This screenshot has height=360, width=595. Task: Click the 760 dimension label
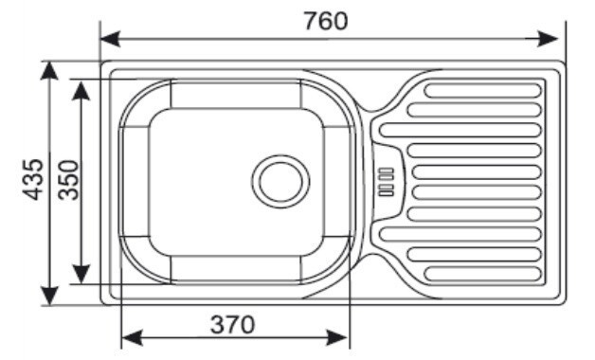coord(326,21)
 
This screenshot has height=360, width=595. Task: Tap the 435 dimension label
coord(33,179)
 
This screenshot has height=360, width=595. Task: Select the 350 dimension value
coord(68,180)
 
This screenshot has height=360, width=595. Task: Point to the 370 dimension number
coord(233,325)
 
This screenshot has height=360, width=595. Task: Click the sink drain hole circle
coord(280,181)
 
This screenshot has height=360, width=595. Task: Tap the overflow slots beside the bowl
coord(387,182)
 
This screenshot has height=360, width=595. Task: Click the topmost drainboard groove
coord(483,91)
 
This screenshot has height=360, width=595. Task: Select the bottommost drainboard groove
coord(483,274)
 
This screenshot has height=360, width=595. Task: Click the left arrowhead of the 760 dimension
coord(111,40)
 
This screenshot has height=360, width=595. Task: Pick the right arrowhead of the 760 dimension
coord(548,39)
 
